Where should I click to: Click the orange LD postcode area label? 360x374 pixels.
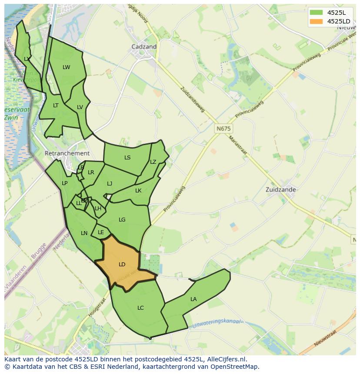click(122, 265)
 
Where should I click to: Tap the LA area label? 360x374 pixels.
click(193, 299)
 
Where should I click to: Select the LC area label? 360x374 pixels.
click(140, 308)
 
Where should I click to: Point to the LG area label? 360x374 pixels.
click(122, 220)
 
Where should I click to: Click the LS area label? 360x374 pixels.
click(127, 158)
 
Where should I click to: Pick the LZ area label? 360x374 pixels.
click(153, 162)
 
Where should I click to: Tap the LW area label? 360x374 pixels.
click(66, 67)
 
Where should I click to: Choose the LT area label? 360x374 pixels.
click(56, 106)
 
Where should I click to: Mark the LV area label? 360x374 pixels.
click(80, 107)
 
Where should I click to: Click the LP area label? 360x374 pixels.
click(64, 183)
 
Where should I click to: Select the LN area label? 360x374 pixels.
click(84, 233)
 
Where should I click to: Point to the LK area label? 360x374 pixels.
click(138, 191)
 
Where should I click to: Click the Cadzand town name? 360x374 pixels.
click(144, 47)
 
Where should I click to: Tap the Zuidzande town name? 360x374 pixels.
click(280, 190)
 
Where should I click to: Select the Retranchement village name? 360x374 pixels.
click(67, 153)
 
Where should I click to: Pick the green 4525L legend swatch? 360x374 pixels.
click(316, 12)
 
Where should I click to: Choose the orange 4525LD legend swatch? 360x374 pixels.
click(316, 21)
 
